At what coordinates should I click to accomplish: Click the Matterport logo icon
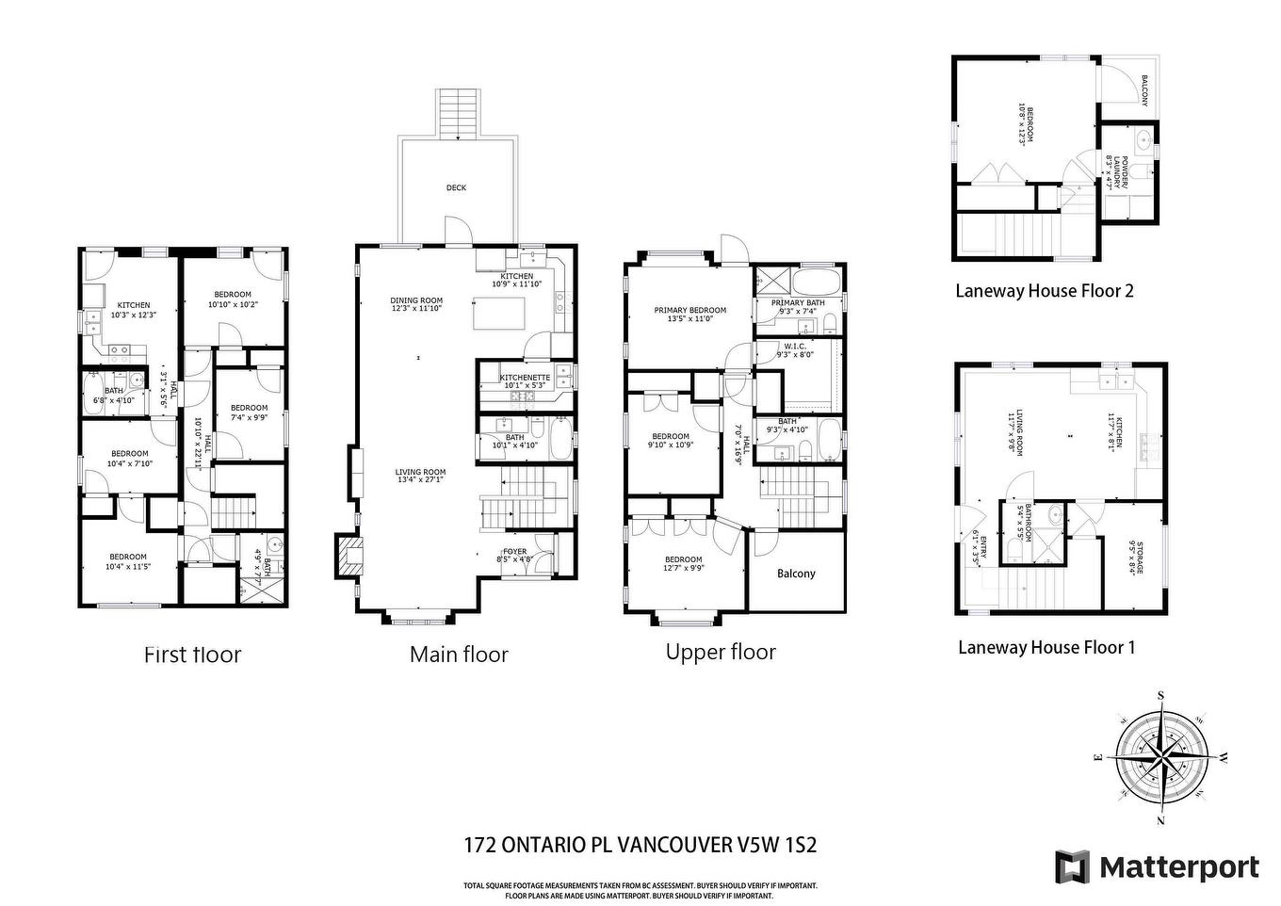1072,866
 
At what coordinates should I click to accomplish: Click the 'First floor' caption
192,655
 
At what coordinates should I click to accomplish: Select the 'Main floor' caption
459,655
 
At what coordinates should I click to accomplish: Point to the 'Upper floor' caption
721,652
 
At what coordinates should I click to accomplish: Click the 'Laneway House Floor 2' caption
1044,290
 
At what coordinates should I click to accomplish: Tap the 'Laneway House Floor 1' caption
1046,647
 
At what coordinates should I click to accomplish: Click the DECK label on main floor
456,188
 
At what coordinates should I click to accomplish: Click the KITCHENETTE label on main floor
525,378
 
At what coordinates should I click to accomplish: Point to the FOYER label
515,552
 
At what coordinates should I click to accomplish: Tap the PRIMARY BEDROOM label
690,311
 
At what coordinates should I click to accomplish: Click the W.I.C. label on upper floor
795,345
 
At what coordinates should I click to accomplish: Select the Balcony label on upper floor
796,574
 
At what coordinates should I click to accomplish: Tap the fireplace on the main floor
346,557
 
